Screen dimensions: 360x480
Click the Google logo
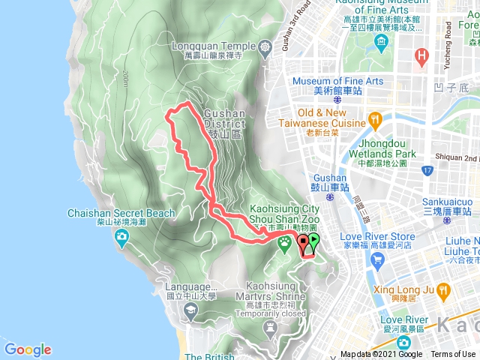point(28,349)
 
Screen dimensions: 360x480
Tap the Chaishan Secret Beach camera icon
point(121,238)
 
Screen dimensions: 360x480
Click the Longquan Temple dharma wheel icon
point(265,46)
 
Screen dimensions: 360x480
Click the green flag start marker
point(313,241)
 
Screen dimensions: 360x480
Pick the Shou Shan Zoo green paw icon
point(285,242)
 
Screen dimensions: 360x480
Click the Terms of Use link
point(452,355)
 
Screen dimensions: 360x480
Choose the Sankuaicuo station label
point(446,206)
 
